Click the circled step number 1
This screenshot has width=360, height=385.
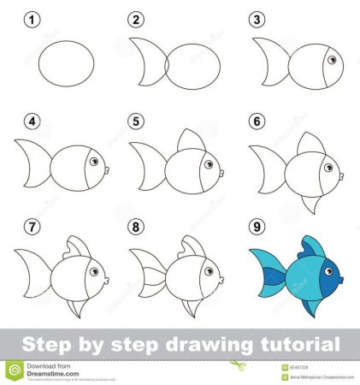[32, 19]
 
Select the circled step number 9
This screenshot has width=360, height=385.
[254, 228]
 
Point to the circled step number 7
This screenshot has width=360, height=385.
[32, 228]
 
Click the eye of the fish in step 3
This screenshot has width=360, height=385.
[333, 58]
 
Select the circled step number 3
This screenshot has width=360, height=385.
[254, 19]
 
